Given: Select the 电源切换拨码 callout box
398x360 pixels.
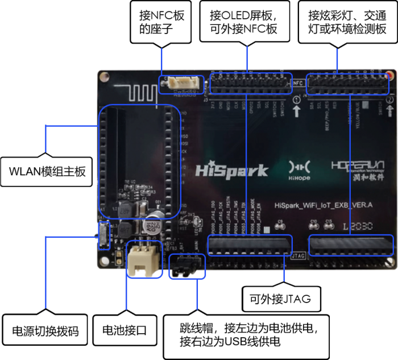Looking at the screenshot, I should pos(45,330).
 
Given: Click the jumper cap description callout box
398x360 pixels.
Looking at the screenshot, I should pos(246,335).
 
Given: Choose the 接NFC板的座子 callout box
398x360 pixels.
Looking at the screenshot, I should pos(161,23).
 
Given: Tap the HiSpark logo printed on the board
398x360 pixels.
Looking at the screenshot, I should pos(232,170).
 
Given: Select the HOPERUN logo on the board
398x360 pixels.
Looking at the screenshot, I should pos(357,168).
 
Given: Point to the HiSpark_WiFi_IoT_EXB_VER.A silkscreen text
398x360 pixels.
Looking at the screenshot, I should pos(323,205).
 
